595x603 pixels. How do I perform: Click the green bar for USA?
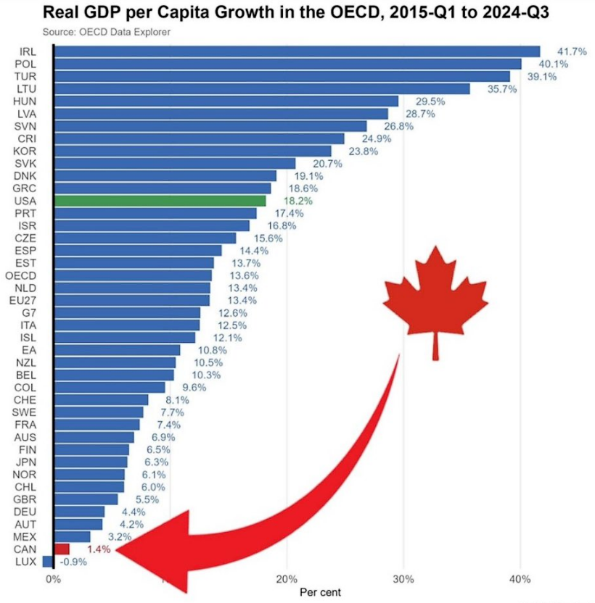(160, 201)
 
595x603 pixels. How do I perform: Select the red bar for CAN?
(62, 549)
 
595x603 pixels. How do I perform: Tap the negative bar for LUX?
(48, 561)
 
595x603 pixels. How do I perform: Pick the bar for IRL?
(296, 51)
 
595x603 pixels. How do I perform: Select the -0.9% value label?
(74, 562)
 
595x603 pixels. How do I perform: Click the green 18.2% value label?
(297, 201)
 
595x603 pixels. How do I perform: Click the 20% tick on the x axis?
(287, 580)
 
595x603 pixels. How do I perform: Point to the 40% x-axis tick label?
(520, 580)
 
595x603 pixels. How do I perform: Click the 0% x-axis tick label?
(53, 580)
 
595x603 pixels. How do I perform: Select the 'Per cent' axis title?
(319, 591)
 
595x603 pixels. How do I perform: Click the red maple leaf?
(435, 297)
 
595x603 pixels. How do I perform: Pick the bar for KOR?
(192, 151)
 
